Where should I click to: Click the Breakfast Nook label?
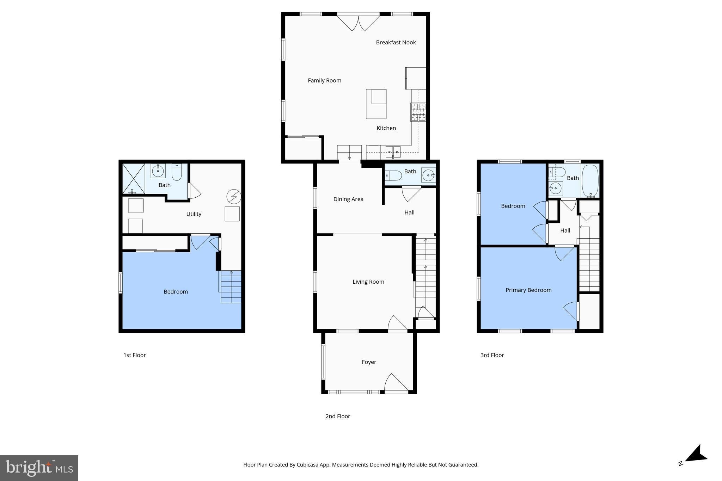[x=396, y=42]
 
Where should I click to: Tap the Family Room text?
[x=324, y=80]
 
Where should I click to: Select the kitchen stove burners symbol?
[x=418, y=112]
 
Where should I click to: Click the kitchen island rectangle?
[x=376, y=104]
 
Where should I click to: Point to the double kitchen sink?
[x=393, y=152]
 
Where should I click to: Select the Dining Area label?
[x=348, y=199]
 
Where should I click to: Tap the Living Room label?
[x=368, y=282]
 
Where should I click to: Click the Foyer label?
[x=369, y=362]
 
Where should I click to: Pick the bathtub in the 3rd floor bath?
[x=590, y=180]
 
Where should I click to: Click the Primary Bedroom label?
[x=528, y=290]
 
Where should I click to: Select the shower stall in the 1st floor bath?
[x=133, y=178]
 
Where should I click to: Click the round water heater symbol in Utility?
[x=234, y=197]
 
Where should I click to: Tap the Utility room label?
[x=194, y=214]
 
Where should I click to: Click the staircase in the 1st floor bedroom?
[x=231, y=287]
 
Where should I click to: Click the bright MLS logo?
[x=39, y=468]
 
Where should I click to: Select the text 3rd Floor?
[x=492, y=355]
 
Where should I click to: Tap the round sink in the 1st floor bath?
[x=158, y=171]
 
